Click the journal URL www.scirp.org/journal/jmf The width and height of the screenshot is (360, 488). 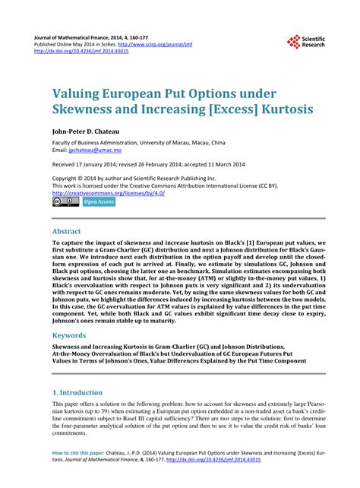coord(160,44)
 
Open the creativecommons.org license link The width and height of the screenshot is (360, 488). coord(109,193)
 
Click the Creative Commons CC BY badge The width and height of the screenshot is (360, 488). coord(61,203)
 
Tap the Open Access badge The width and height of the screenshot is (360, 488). coord(98,202)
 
